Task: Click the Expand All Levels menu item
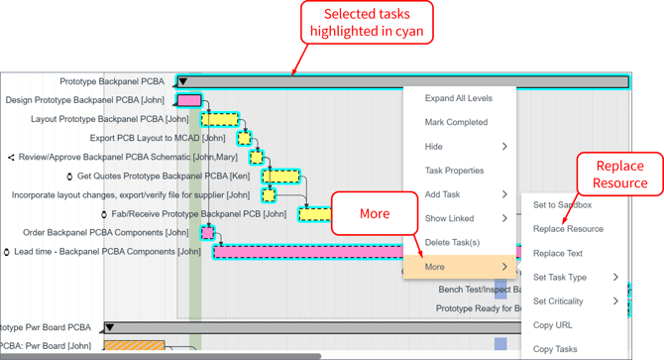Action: [x=458, y=98]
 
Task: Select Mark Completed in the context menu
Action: [x=456, y=122]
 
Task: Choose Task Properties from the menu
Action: [x=454, y=171]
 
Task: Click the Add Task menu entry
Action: [x=442, y=194]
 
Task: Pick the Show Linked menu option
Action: [x=449, y=218]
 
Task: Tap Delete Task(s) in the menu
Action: [x=452, y=242]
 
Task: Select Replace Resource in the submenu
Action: [x=568, y=229]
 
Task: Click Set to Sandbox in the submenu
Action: [x=562, y=205]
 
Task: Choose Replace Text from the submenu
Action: [x=558, y=254]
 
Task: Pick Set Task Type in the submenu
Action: [x=560, y=278]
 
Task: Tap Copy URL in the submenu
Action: [x=552, y=325]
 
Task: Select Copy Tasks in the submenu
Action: [x=555, y=349]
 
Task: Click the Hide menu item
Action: [x=434, y=147]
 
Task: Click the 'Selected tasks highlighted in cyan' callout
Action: [x=367, y=22]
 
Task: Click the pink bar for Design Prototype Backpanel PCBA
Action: [x=188, y=100]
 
